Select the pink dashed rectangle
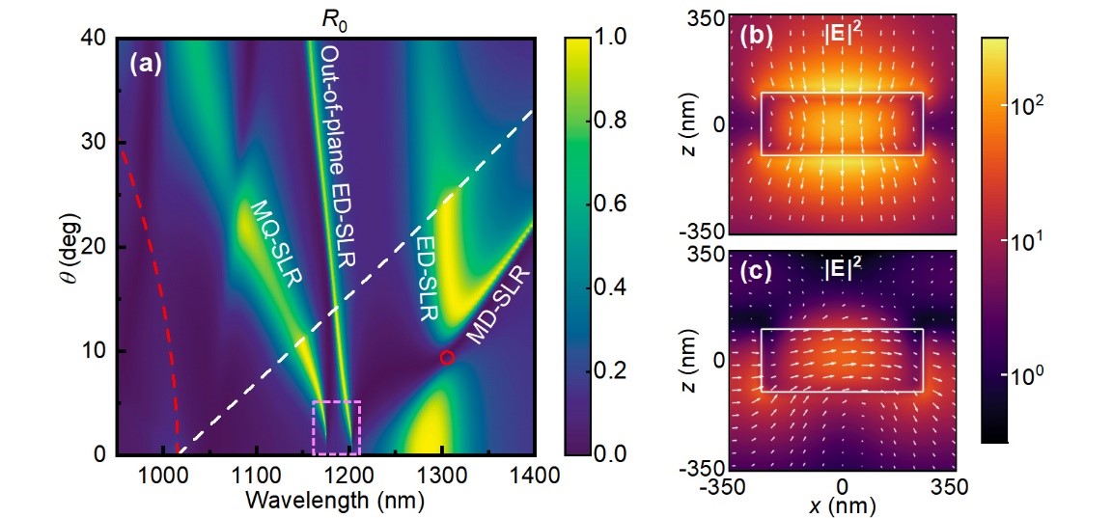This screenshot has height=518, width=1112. pyautogui.click(x=336, y=427)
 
